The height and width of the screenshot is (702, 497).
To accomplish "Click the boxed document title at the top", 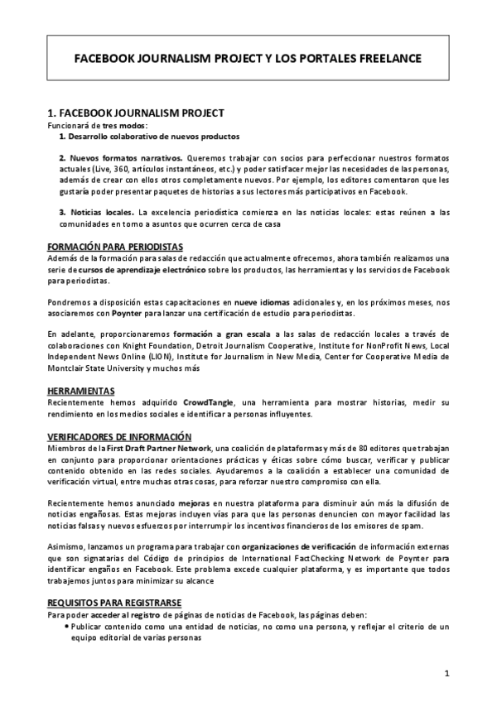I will point(248,58).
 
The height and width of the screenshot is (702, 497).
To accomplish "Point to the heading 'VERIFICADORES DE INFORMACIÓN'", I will point(119,436).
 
